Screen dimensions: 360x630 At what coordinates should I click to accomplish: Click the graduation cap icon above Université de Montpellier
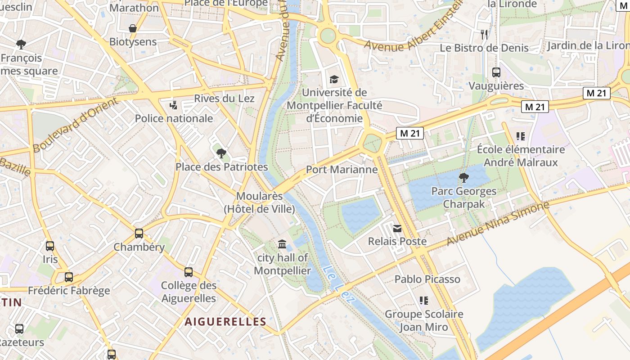333,80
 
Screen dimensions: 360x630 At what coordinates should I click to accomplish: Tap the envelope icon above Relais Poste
397,229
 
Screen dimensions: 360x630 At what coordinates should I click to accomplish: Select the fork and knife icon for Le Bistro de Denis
484,35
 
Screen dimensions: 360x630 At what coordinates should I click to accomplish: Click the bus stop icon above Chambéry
139,234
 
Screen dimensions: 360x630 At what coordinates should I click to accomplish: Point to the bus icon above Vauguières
496,72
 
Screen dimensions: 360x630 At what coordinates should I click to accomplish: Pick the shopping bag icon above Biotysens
133,29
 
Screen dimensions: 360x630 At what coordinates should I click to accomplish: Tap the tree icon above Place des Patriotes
221,153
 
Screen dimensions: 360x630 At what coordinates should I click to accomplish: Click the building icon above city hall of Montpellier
282,244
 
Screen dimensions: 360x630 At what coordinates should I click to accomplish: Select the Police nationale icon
173,106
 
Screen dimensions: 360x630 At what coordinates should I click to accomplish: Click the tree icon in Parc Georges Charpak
463,178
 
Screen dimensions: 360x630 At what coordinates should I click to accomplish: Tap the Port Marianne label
342,170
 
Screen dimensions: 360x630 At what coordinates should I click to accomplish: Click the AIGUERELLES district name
225,322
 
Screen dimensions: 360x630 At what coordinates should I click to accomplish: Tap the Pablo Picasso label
427,279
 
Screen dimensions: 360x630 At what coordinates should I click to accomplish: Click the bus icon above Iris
50,246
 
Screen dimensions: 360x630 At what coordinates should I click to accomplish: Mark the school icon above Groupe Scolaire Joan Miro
423,300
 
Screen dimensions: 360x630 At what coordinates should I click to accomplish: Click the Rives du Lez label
224,99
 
